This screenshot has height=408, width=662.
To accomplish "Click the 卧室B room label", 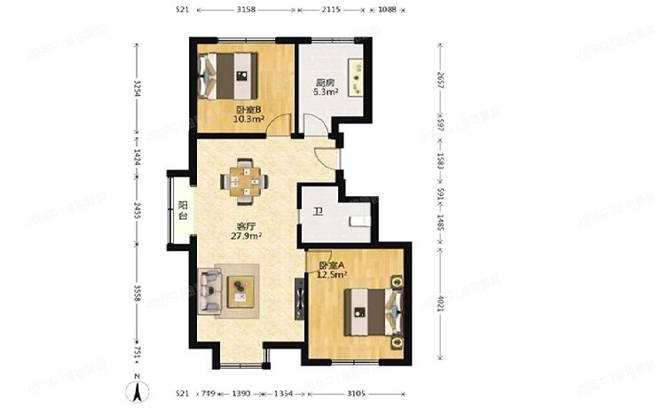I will tap(248, 109).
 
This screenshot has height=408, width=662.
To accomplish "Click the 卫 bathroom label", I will tap(318, 212).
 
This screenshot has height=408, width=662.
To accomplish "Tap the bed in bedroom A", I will tap(374, 310).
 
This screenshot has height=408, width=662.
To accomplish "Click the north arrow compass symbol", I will tap(138, 388).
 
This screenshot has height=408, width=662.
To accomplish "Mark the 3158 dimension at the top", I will tap(246, 10).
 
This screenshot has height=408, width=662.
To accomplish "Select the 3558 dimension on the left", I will tap(136, 292).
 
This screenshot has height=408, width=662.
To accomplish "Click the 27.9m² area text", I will tap(245, 237).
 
